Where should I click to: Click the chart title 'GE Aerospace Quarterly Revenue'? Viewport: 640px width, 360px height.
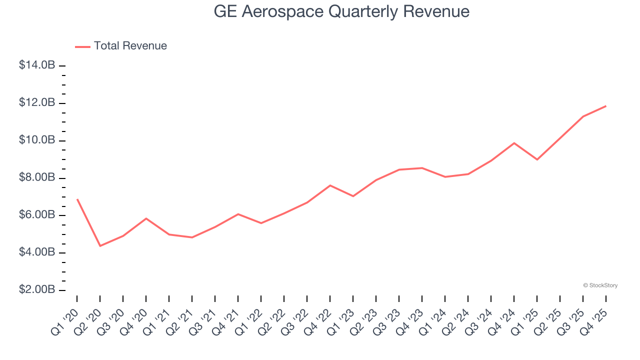(341, 11)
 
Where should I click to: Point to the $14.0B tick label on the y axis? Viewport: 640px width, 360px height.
(37, 65)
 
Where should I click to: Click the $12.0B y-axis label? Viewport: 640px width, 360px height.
(37, 103)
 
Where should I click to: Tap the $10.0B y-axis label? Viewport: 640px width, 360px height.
(37, 140)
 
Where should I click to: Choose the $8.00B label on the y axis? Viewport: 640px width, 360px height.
(37, 178)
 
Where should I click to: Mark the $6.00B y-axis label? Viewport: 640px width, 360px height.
(37, 215)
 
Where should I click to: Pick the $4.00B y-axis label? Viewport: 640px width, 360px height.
(37, 253)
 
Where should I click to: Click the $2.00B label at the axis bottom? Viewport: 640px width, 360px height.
(37, 290)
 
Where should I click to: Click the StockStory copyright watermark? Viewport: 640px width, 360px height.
(600, 285)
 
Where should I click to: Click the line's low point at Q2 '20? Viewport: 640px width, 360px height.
(100, 246)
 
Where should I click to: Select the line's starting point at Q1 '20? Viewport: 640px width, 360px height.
(77, 199)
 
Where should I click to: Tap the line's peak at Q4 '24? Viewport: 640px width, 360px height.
(514, 143)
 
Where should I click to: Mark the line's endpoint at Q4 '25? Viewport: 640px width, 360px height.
(606, 106)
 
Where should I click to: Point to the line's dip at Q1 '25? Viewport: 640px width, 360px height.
(537, 159)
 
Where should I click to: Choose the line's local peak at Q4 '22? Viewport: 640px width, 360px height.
(330, 185)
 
